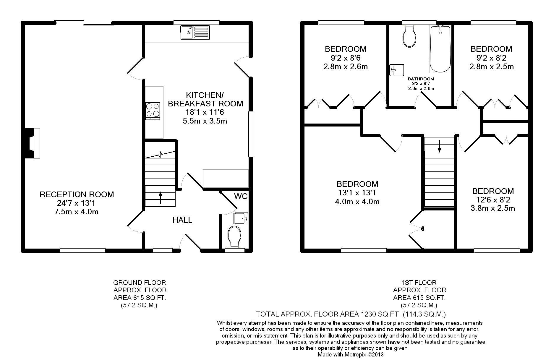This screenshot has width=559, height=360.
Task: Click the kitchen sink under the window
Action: pos(195,32)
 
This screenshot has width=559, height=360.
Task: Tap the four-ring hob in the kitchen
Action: pos(153,111)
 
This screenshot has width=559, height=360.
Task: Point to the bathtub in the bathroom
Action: pos(440,49)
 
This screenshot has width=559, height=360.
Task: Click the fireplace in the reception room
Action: pos(33,143)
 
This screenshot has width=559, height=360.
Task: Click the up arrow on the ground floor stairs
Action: pos(160,198)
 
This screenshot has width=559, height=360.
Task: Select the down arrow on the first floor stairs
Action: pos(439,146)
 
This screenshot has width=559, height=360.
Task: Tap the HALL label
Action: pos(182,220)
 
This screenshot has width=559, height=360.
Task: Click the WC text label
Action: pos(241,196)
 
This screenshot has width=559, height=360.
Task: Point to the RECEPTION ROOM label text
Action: pos(77,194)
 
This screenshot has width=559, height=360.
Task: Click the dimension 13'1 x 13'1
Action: pos(357,193)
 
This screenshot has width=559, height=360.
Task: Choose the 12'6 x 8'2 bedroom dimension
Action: pos(493,200)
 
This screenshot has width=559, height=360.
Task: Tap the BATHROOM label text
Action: pos(421,79)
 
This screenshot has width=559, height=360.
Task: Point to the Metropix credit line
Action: pos(351,354)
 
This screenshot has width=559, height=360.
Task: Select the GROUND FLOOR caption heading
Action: pos(140,283)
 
